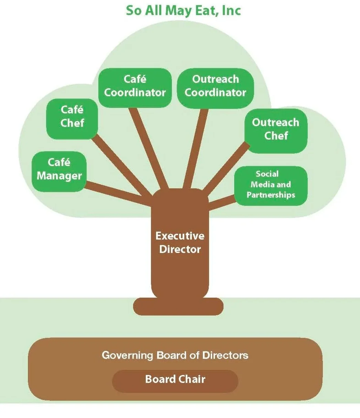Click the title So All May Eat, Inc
click(183, 10)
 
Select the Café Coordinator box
click(135, 86)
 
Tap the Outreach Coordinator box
click(216, 86)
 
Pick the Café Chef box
click(72, 117)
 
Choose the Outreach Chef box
click(276, 130)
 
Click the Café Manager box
click(59, 170)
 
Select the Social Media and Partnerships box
click(271, 185)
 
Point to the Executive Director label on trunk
click(180, 243)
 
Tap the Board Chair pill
click(175, 379)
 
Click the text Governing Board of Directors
click(175, 355)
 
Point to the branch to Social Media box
click(222, 203)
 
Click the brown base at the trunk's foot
click(178, 307)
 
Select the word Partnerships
click(271, 195)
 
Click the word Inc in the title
click(231, 10)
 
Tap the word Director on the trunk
click(180, 249)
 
